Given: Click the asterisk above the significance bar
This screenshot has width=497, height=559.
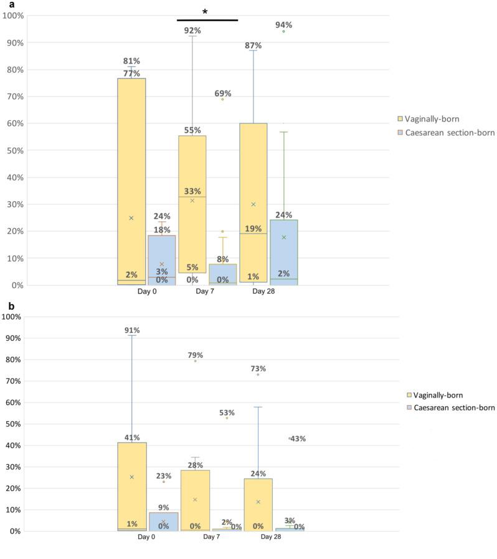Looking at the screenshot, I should click(205, 12).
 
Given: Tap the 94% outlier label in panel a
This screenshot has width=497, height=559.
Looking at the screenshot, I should click(284, 26).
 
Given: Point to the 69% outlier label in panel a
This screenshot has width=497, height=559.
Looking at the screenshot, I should click(223, 93).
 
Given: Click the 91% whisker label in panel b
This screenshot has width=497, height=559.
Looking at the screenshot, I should click(131, 330).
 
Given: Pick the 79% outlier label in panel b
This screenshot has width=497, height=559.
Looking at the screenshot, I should click(196, 355).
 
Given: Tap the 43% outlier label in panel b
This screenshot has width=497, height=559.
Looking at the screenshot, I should click(298, 439).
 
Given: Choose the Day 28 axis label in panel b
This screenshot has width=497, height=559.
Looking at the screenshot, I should click(271, 537).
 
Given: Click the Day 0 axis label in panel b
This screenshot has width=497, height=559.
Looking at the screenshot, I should click(147, 537).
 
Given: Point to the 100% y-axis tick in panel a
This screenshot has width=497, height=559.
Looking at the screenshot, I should click(14, 16).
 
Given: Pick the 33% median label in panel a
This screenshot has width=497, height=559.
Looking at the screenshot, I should click(192, 191).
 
